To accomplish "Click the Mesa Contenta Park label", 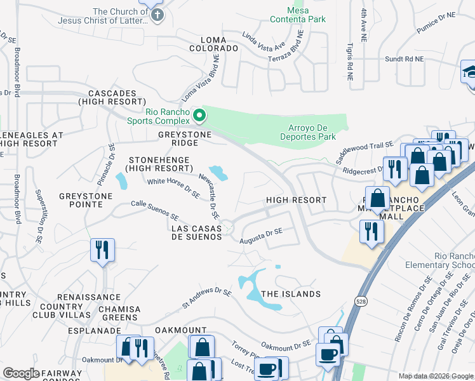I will tap(298, 14).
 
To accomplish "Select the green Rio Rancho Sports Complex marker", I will tap(199, 116).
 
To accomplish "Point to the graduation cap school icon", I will tap(469, 72).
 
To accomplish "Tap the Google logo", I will tap(22, 373).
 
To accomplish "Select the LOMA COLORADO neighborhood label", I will tap(210, 48).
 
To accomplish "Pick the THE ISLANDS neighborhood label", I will tap(291, 294).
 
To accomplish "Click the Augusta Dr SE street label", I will tap(260, 236).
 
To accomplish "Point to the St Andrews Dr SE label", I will tap(206, 297).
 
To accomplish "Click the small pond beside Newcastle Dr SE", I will tap(218, 172).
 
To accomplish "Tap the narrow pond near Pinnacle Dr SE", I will tap(120, 181).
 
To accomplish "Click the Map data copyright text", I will tap(435, 376).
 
